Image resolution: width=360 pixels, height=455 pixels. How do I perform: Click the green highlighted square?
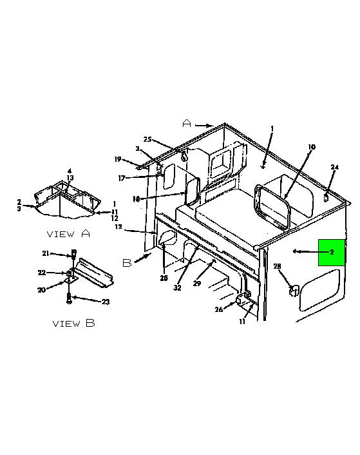332,253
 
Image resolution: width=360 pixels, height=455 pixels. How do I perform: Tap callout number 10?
311,147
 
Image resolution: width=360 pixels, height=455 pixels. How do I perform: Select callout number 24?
335,167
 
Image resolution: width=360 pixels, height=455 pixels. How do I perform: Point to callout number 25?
147,139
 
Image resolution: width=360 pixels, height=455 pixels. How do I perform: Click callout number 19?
118,159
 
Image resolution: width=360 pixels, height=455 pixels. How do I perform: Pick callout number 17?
122,178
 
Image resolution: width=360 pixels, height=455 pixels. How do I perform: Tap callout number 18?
137,199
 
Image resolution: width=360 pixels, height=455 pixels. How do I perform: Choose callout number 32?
177,287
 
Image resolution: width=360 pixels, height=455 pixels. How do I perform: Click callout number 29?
197,283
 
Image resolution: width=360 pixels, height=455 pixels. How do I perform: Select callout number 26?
219,309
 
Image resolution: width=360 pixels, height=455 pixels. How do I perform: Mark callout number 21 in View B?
46,253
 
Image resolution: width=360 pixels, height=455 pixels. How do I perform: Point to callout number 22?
42,273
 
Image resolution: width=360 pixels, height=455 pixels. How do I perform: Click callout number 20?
41,289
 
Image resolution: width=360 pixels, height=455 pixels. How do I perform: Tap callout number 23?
106,302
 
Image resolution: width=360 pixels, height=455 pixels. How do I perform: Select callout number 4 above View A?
70,171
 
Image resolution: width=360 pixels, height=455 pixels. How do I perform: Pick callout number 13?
70,178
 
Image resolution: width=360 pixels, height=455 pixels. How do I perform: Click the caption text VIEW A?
68,233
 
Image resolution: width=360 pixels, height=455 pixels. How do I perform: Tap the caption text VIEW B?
73,323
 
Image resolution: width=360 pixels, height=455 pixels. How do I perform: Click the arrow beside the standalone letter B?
142,257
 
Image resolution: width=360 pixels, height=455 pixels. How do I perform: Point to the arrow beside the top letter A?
204,126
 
